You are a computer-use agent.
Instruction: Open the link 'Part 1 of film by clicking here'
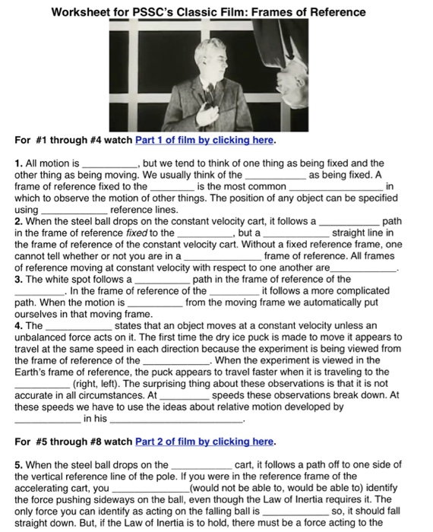click(x=204, y=141)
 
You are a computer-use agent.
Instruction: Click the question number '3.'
click(x=19, y=279)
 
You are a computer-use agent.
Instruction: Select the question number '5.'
click(x=19, y=465)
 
